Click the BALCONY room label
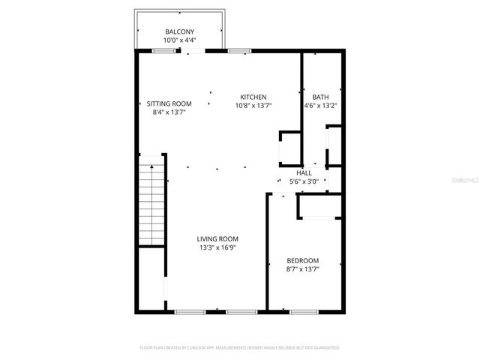[179, 31]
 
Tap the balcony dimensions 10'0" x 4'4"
[179, 40]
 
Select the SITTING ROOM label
[169, 103]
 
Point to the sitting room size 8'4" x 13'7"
[169, 112]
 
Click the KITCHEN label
[253, 97]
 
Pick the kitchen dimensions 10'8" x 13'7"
[253, 106]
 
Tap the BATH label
[320, 97]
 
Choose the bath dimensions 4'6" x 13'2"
[320, 106]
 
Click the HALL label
[304, 173]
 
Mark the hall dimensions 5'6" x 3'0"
[304, 181]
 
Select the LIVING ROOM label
[218, 239]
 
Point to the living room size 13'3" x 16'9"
[218, 247]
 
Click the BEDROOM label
[302, 260]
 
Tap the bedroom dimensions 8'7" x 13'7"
[302, 268]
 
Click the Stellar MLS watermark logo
[466, 180]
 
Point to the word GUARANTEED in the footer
[324, 348]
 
